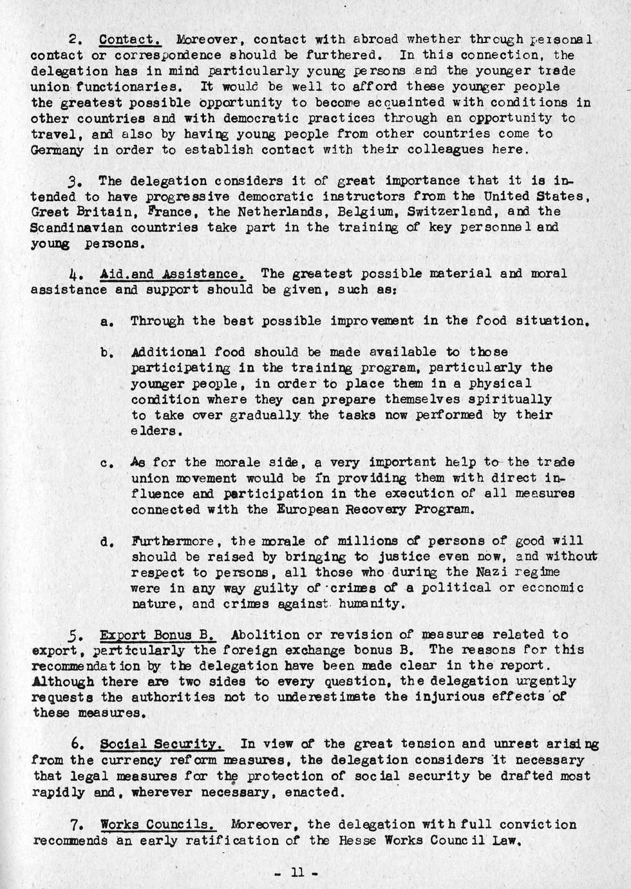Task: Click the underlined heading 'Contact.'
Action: (x=130, y=40)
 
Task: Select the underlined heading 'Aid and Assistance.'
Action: (x=173, y=274)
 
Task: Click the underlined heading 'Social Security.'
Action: (x=162, y=744)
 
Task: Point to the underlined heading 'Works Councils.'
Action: (x=158, y=825)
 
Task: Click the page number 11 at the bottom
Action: (x=297, y=873)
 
